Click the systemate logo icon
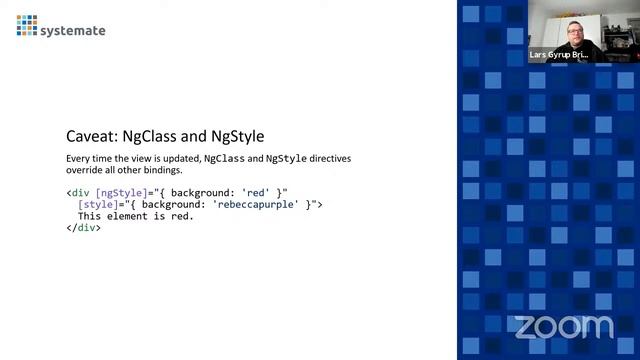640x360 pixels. point(27,25)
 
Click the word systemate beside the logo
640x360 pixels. point(73,30)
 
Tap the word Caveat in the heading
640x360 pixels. point(87,136)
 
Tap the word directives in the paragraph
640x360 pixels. point(330,159)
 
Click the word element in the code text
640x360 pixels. point(129,216)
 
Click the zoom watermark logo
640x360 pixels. point(563,326)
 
